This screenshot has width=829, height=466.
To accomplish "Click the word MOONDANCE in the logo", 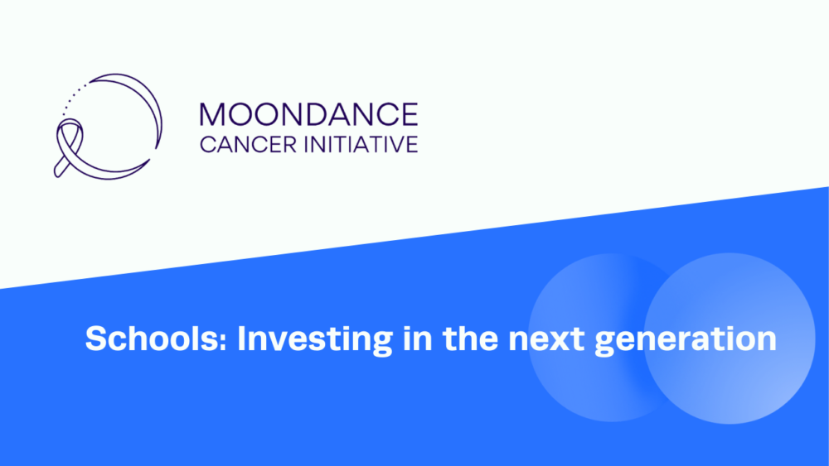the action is pos(308,114).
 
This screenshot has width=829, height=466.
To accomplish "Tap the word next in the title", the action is pos(546,339).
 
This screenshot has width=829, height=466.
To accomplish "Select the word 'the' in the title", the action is pos(471,339).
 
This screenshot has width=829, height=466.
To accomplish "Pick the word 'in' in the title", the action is pos(418,339).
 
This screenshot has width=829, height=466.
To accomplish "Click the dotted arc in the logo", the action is pos(74,97).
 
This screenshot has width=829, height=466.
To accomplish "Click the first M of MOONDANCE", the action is pos(211,114).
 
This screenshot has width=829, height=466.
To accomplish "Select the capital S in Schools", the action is pos(97,339).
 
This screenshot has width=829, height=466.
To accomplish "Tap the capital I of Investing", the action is pos(242,339).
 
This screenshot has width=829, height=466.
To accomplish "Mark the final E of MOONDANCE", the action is pos(410,114).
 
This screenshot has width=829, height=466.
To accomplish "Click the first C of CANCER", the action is pos(208,145).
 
